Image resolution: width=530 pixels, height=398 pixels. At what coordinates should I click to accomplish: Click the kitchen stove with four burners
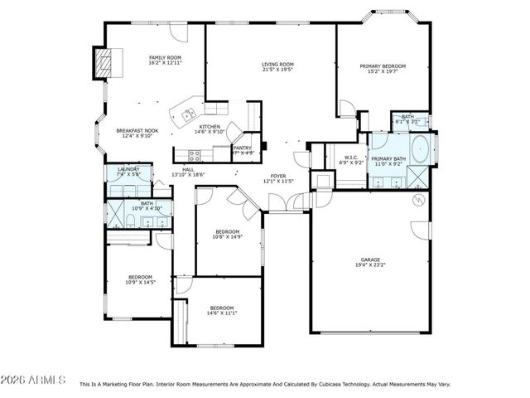(x=195, y=154)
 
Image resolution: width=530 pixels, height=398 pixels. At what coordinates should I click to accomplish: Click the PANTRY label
(x=243, y=148)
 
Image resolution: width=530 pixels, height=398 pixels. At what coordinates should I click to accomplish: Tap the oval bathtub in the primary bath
(x=420, y=149)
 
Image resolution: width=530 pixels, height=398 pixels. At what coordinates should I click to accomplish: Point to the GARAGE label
(x=370, y=260)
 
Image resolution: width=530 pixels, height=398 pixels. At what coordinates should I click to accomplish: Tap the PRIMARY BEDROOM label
(x=383, y=66)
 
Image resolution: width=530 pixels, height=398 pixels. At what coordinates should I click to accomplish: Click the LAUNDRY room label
(x=128, y=169)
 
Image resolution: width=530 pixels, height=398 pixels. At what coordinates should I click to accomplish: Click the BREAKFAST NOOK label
(x=137, y=131)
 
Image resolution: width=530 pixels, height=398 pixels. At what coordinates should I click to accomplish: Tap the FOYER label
(x=278, y=176)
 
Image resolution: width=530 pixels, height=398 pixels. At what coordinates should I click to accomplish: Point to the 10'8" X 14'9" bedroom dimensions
(x=227, y=237)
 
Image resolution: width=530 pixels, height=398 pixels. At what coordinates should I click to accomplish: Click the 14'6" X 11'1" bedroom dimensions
(x=222, y=313)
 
